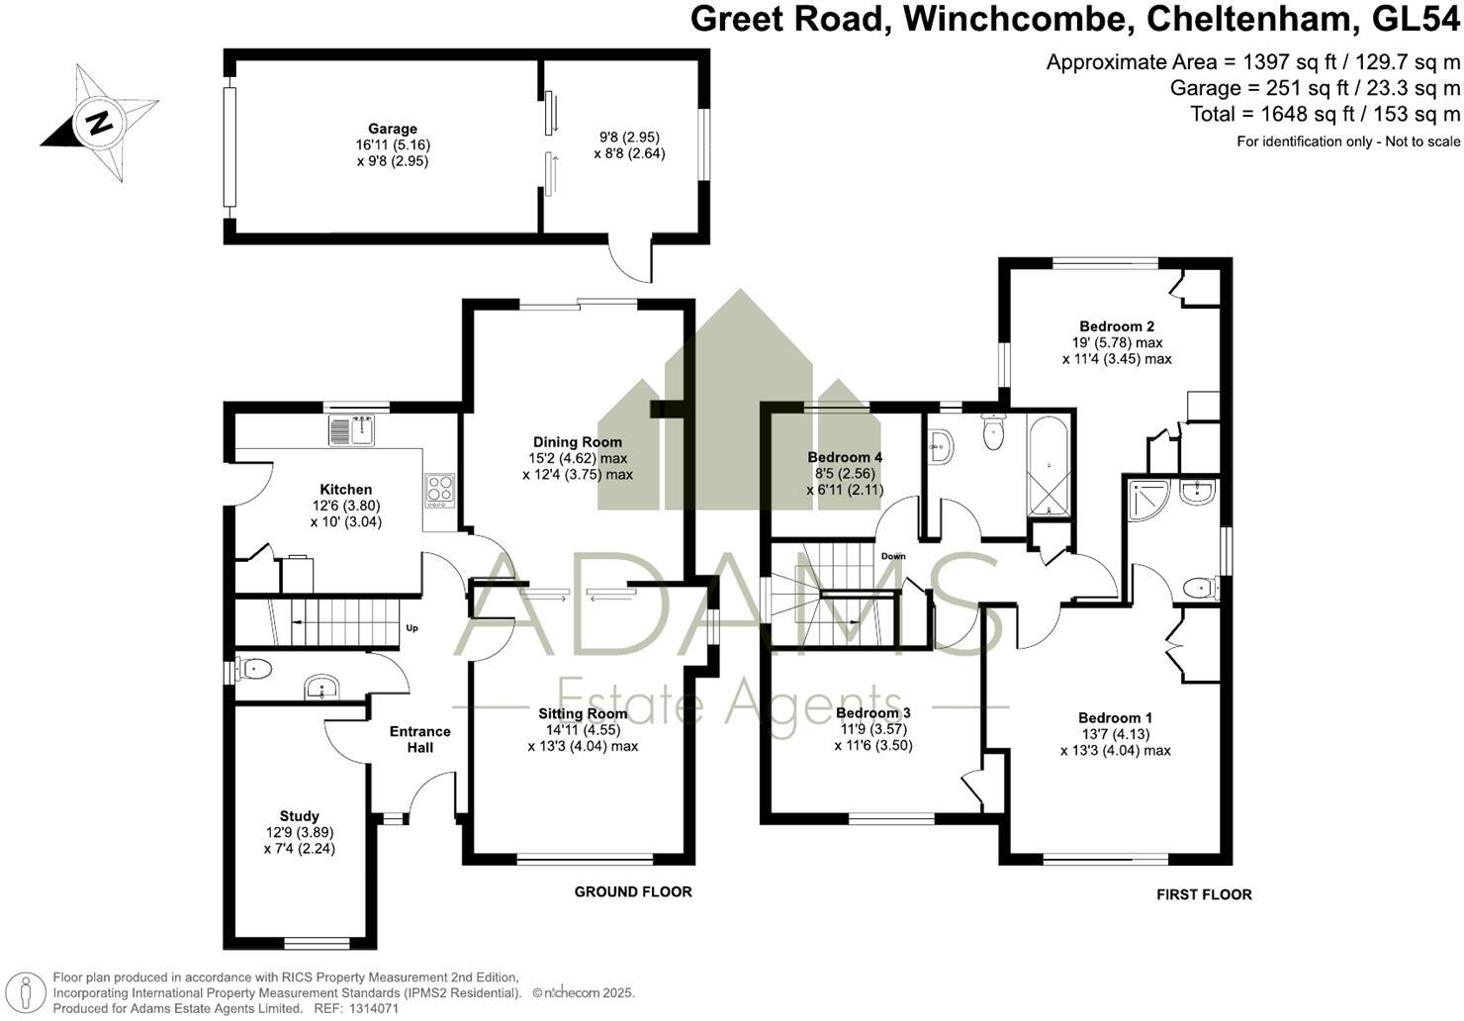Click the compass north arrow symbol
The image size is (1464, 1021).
point(100,123)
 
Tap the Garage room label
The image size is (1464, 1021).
point(393,129)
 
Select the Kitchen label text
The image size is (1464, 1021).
point(346,490)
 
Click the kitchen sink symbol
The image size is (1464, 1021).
point(351,431)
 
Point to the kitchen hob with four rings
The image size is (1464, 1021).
point(439,489)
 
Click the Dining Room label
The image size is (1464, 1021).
point(578,442)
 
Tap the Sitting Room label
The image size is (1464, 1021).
point(583,713)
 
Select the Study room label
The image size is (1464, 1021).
point(299,816)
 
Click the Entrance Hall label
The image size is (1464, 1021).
point(419,739)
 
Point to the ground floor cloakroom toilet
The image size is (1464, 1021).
point(255,670)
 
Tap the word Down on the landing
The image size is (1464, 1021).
point(893,556)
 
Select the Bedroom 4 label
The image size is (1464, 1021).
point(845,457)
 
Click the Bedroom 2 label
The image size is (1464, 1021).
point(1117,326)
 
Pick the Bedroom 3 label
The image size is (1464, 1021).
point(872,712)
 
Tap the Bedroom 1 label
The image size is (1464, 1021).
point(1115,717)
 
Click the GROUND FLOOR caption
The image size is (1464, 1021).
point(633,891)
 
